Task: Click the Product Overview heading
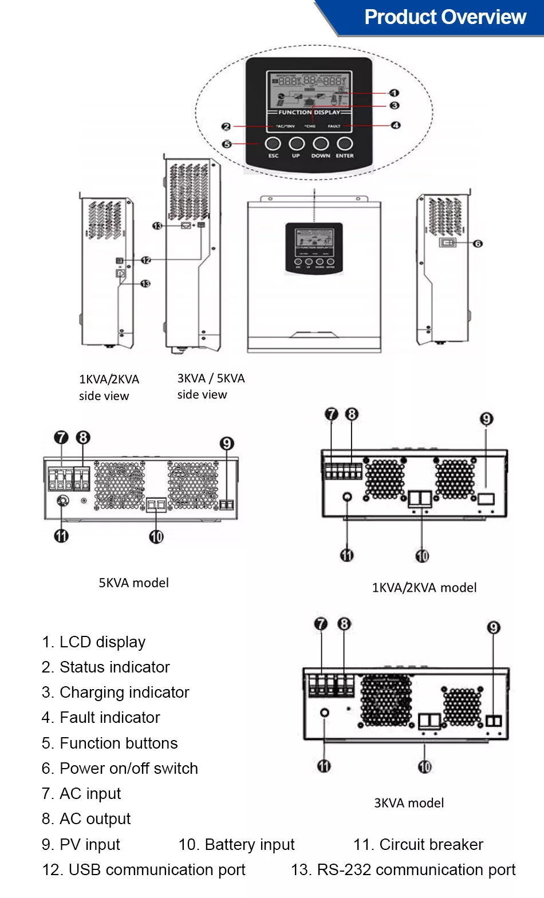(x=444, y=17)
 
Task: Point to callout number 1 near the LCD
(x=394, y=93)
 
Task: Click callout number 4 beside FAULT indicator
(x=395, y=125)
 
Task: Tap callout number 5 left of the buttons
(x=227, y=144)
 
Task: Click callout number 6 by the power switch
(x=478, y=243)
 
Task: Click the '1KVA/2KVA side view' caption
(x=109, y=387)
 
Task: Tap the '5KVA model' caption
(x=133, y=583)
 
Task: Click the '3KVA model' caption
(x=409, y=803)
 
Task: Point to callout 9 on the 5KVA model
(x=227, y=444)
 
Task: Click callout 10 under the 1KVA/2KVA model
(x=422, y=556)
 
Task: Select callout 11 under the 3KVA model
(x=324, y=766)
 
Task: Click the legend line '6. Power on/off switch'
(x=120, y=768)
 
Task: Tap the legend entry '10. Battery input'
(x=236, y=844)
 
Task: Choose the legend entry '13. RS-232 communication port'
(x=403, y=870)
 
